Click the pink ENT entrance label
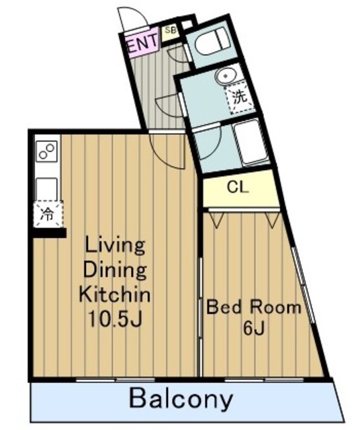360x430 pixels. point(142,42)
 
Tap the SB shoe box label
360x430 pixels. point(170,30)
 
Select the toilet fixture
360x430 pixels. point(210,42)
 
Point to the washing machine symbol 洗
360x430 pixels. point(240,97)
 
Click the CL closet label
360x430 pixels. point(238,187)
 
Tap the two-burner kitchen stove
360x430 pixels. point(46,151)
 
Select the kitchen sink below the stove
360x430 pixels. point(46,189)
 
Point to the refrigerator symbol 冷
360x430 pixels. point(48,214)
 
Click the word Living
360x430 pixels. point(115,247)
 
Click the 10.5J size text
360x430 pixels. point(114,318)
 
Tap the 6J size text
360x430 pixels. point(254,329)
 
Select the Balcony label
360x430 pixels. point(181,398)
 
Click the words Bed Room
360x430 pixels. point(254,307)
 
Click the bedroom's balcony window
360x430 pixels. point(265,380)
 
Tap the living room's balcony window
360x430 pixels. point(116,380)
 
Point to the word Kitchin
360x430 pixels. point(115,295)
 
